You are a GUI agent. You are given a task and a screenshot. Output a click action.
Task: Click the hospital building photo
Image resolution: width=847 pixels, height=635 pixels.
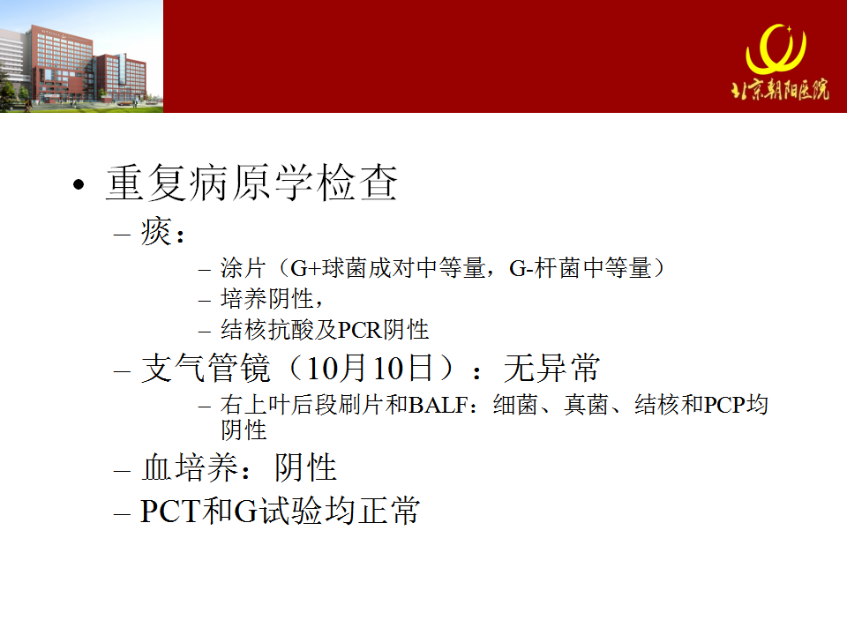(x=81, y=56)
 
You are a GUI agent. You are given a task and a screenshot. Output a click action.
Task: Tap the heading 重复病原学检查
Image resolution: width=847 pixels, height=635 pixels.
(x=251, y=183)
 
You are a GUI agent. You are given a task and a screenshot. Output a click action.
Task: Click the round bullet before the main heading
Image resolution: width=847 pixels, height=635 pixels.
(x=79, y=184)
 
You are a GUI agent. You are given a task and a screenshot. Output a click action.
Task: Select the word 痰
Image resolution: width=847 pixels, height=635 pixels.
(x=156, y=232)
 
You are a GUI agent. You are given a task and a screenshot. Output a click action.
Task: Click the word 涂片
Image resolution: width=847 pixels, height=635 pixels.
(x=244, y=268)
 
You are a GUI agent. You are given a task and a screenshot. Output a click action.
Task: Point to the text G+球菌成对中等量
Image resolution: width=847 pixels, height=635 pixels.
(x=388, y=268)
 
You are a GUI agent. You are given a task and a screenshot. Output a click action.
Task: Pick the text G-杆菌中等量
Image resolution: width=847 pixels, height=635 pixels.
(x=581, y=268)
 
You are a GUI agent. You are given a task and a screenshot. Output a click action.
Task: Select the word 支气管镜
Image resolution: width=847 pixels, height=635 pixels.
(x=206, y=369)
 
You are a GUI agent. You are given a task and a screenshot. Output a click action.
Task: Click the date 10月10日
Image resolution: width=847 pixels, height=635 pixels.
(x=370, y=369)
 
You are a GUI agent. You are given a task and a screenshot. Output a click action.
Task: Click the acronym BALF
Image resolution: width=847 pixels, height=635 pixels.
(x=438, y=405)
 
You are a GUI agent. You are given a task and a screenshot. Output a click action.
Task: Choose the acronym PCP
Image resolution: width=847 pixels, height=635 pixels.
(x=725, y=405)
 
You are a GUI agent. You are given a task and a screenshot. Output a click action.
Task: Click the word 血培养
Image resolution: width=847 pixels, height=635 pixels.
(x=190, y=467)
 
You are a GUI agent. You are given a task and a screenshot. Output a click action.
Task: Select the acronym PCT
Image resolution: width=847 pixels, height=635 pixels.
(x=170, y=511)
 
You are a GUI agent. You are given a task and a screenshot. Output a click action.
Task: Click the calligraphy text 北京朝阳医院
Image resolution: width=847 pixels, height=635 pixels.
(x=780, y=90)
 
